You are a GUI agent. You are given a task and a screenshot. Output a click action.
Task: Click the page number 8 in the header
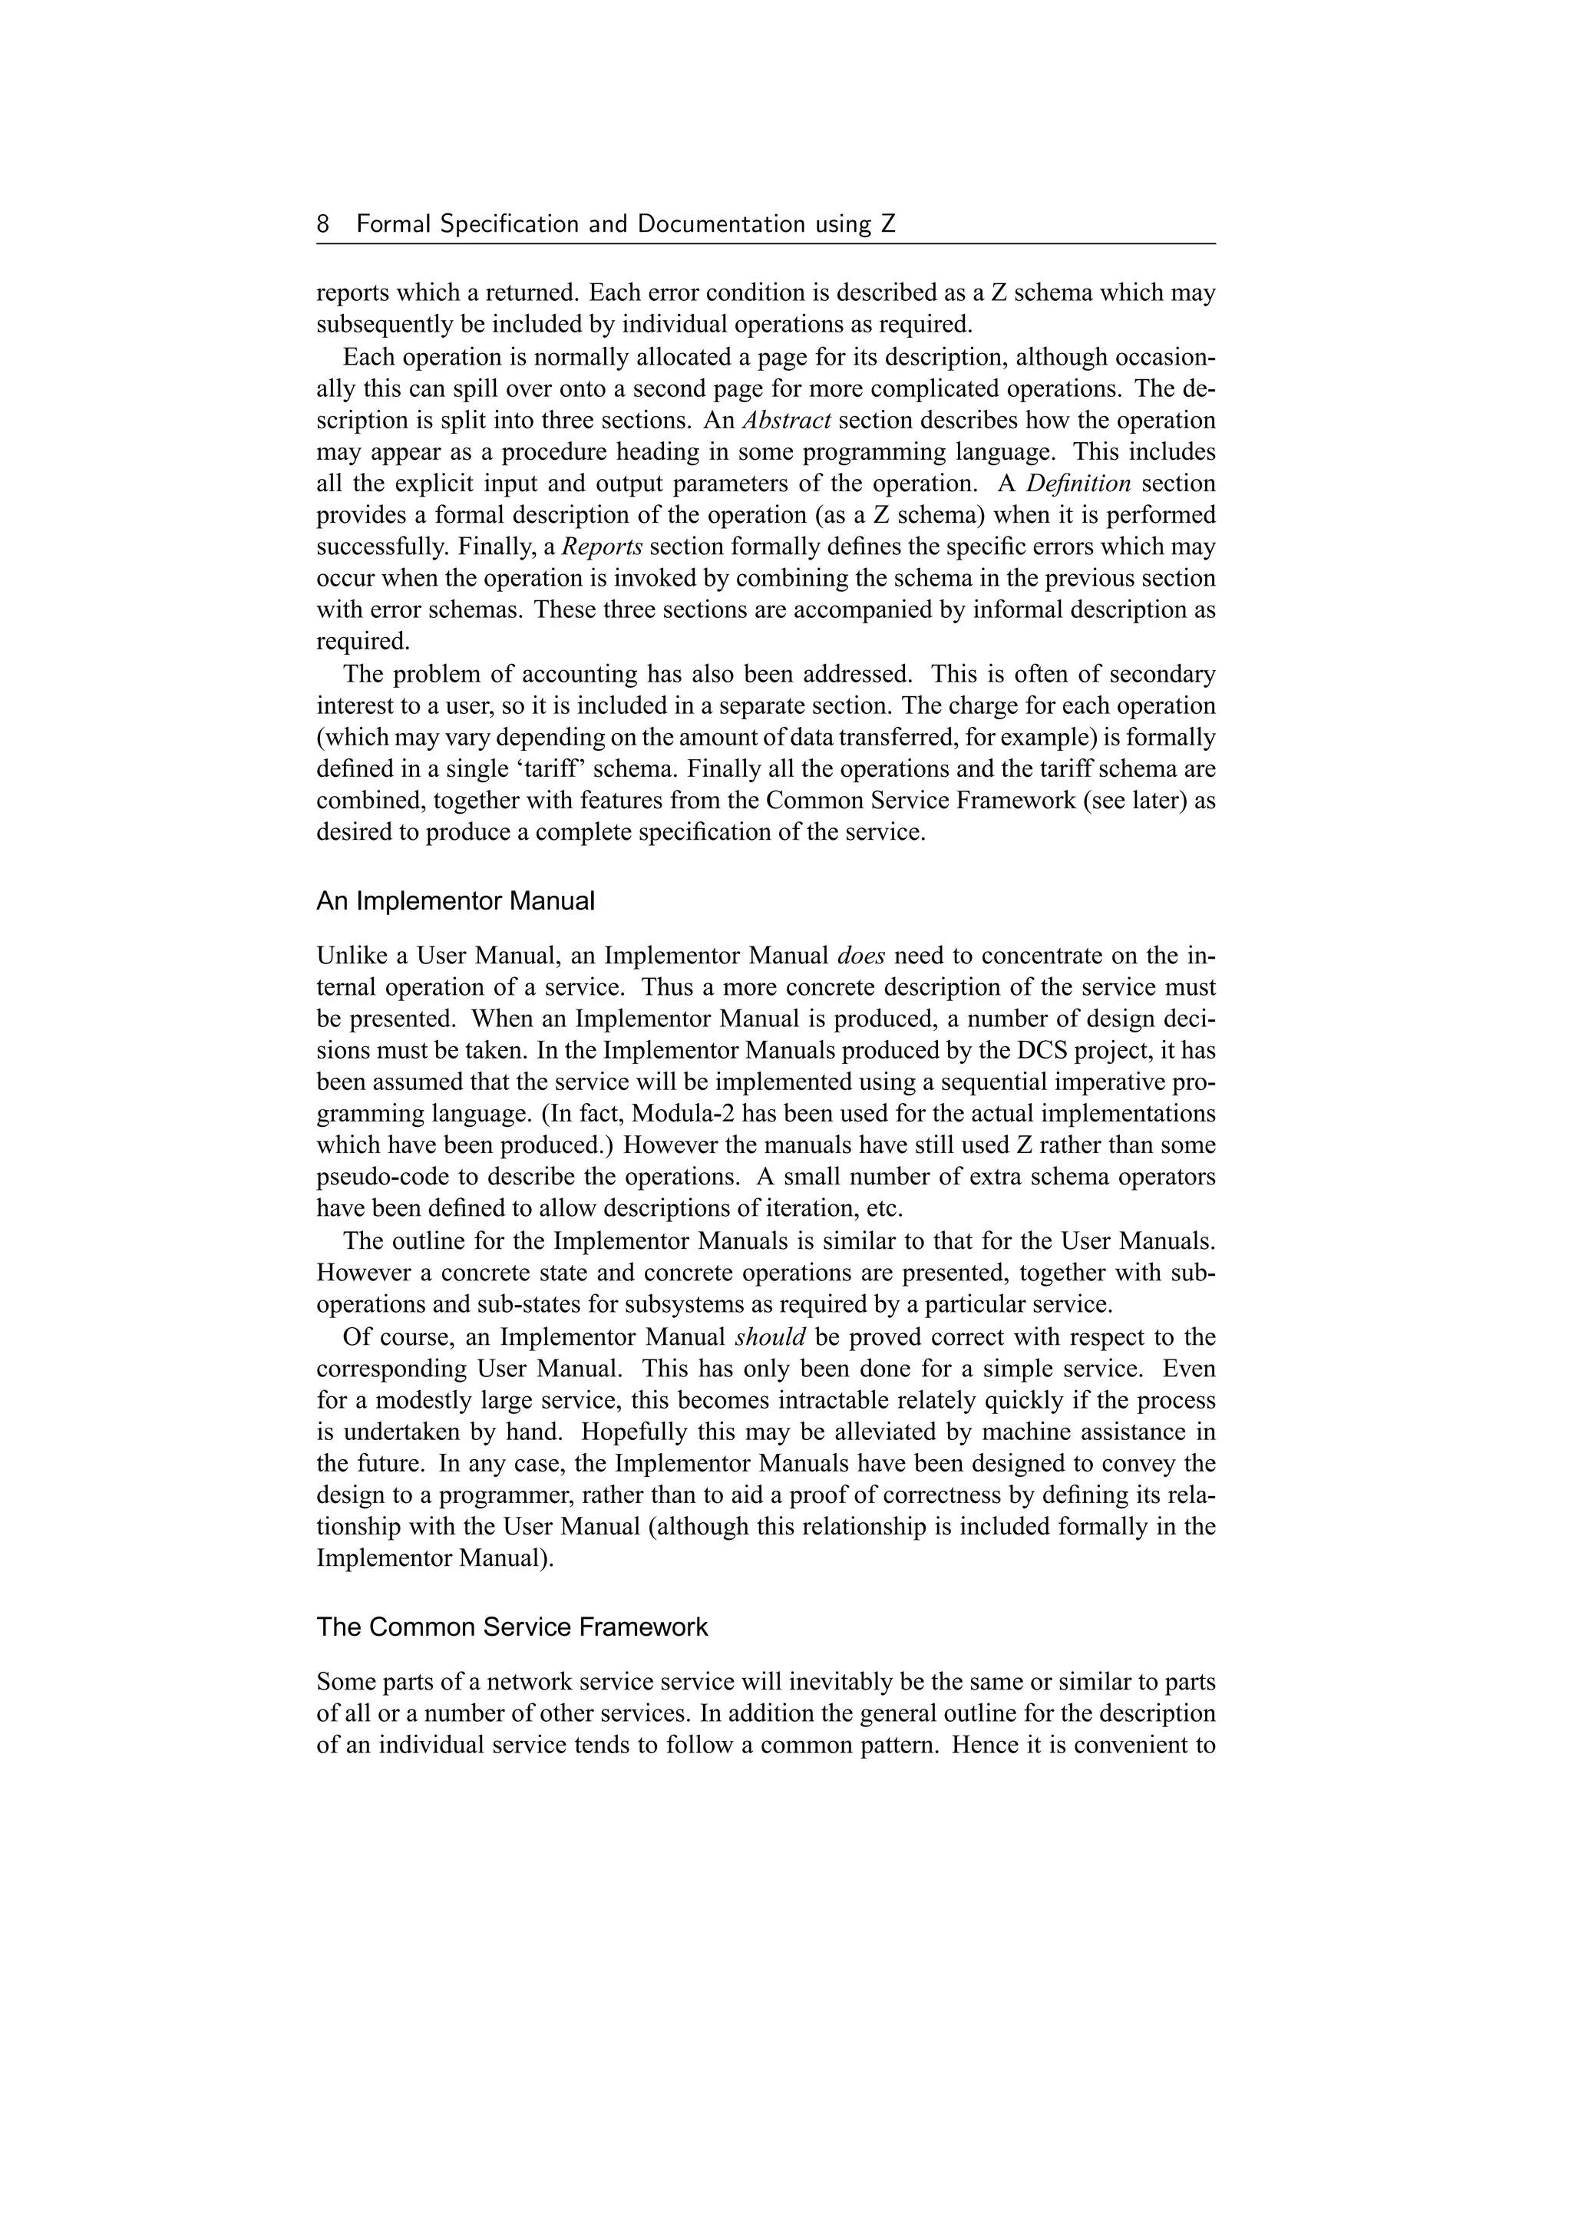pyautogui.click(x=323, y=225)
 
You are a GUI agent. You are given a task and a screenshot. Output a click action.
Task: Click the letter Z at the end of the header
pyautogui.click(x=887, y=225)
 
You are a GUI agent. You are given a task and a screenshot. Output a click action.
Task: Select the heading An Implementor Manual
pyautogui.click(x=455, y=901)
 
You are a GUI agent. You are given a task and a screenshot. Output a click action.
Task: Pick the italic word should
pyautogui.click(x=770, y=1338)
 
